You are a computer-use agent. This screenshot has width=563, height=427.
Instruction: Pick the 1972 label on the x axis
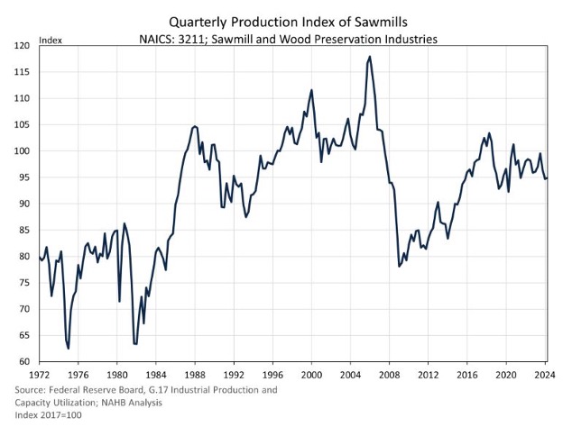pyautogui.click(x=40, y=374)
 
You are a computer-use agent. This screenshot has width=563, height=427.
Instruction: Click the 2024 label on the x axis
pyautogui.click(x=545, y=374)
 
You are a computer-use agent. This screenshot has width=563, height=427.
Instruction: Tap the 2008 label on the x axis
pyautogui.click(x=390, y=374)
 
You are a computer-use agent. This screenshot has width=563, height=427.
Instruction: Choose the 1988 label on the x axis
pyautogui.click(x=195, y=374)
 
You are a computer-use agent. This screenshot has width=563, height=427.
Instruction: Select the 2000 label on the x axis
pyautogui.click(x=311, y=374)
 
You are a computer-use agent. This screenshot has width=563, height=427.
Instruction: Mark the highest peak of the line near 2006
pyautogui.click(x=370, y=57)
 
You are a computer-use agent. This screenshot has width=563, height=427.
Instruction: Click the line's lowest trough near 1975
pyautogui.click(x=69, y=348)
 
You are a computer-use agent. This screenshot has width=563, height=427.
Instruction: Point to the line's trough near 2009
pyautogui.click(x=399, y=266)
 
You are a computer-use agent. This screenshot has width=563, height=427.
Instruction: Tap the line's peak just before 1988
pyautogui.click(x=194, y=126)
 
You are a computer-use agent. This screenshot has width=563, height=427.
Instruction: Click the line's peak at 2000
pyautogui.click(x=311, y=90)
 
